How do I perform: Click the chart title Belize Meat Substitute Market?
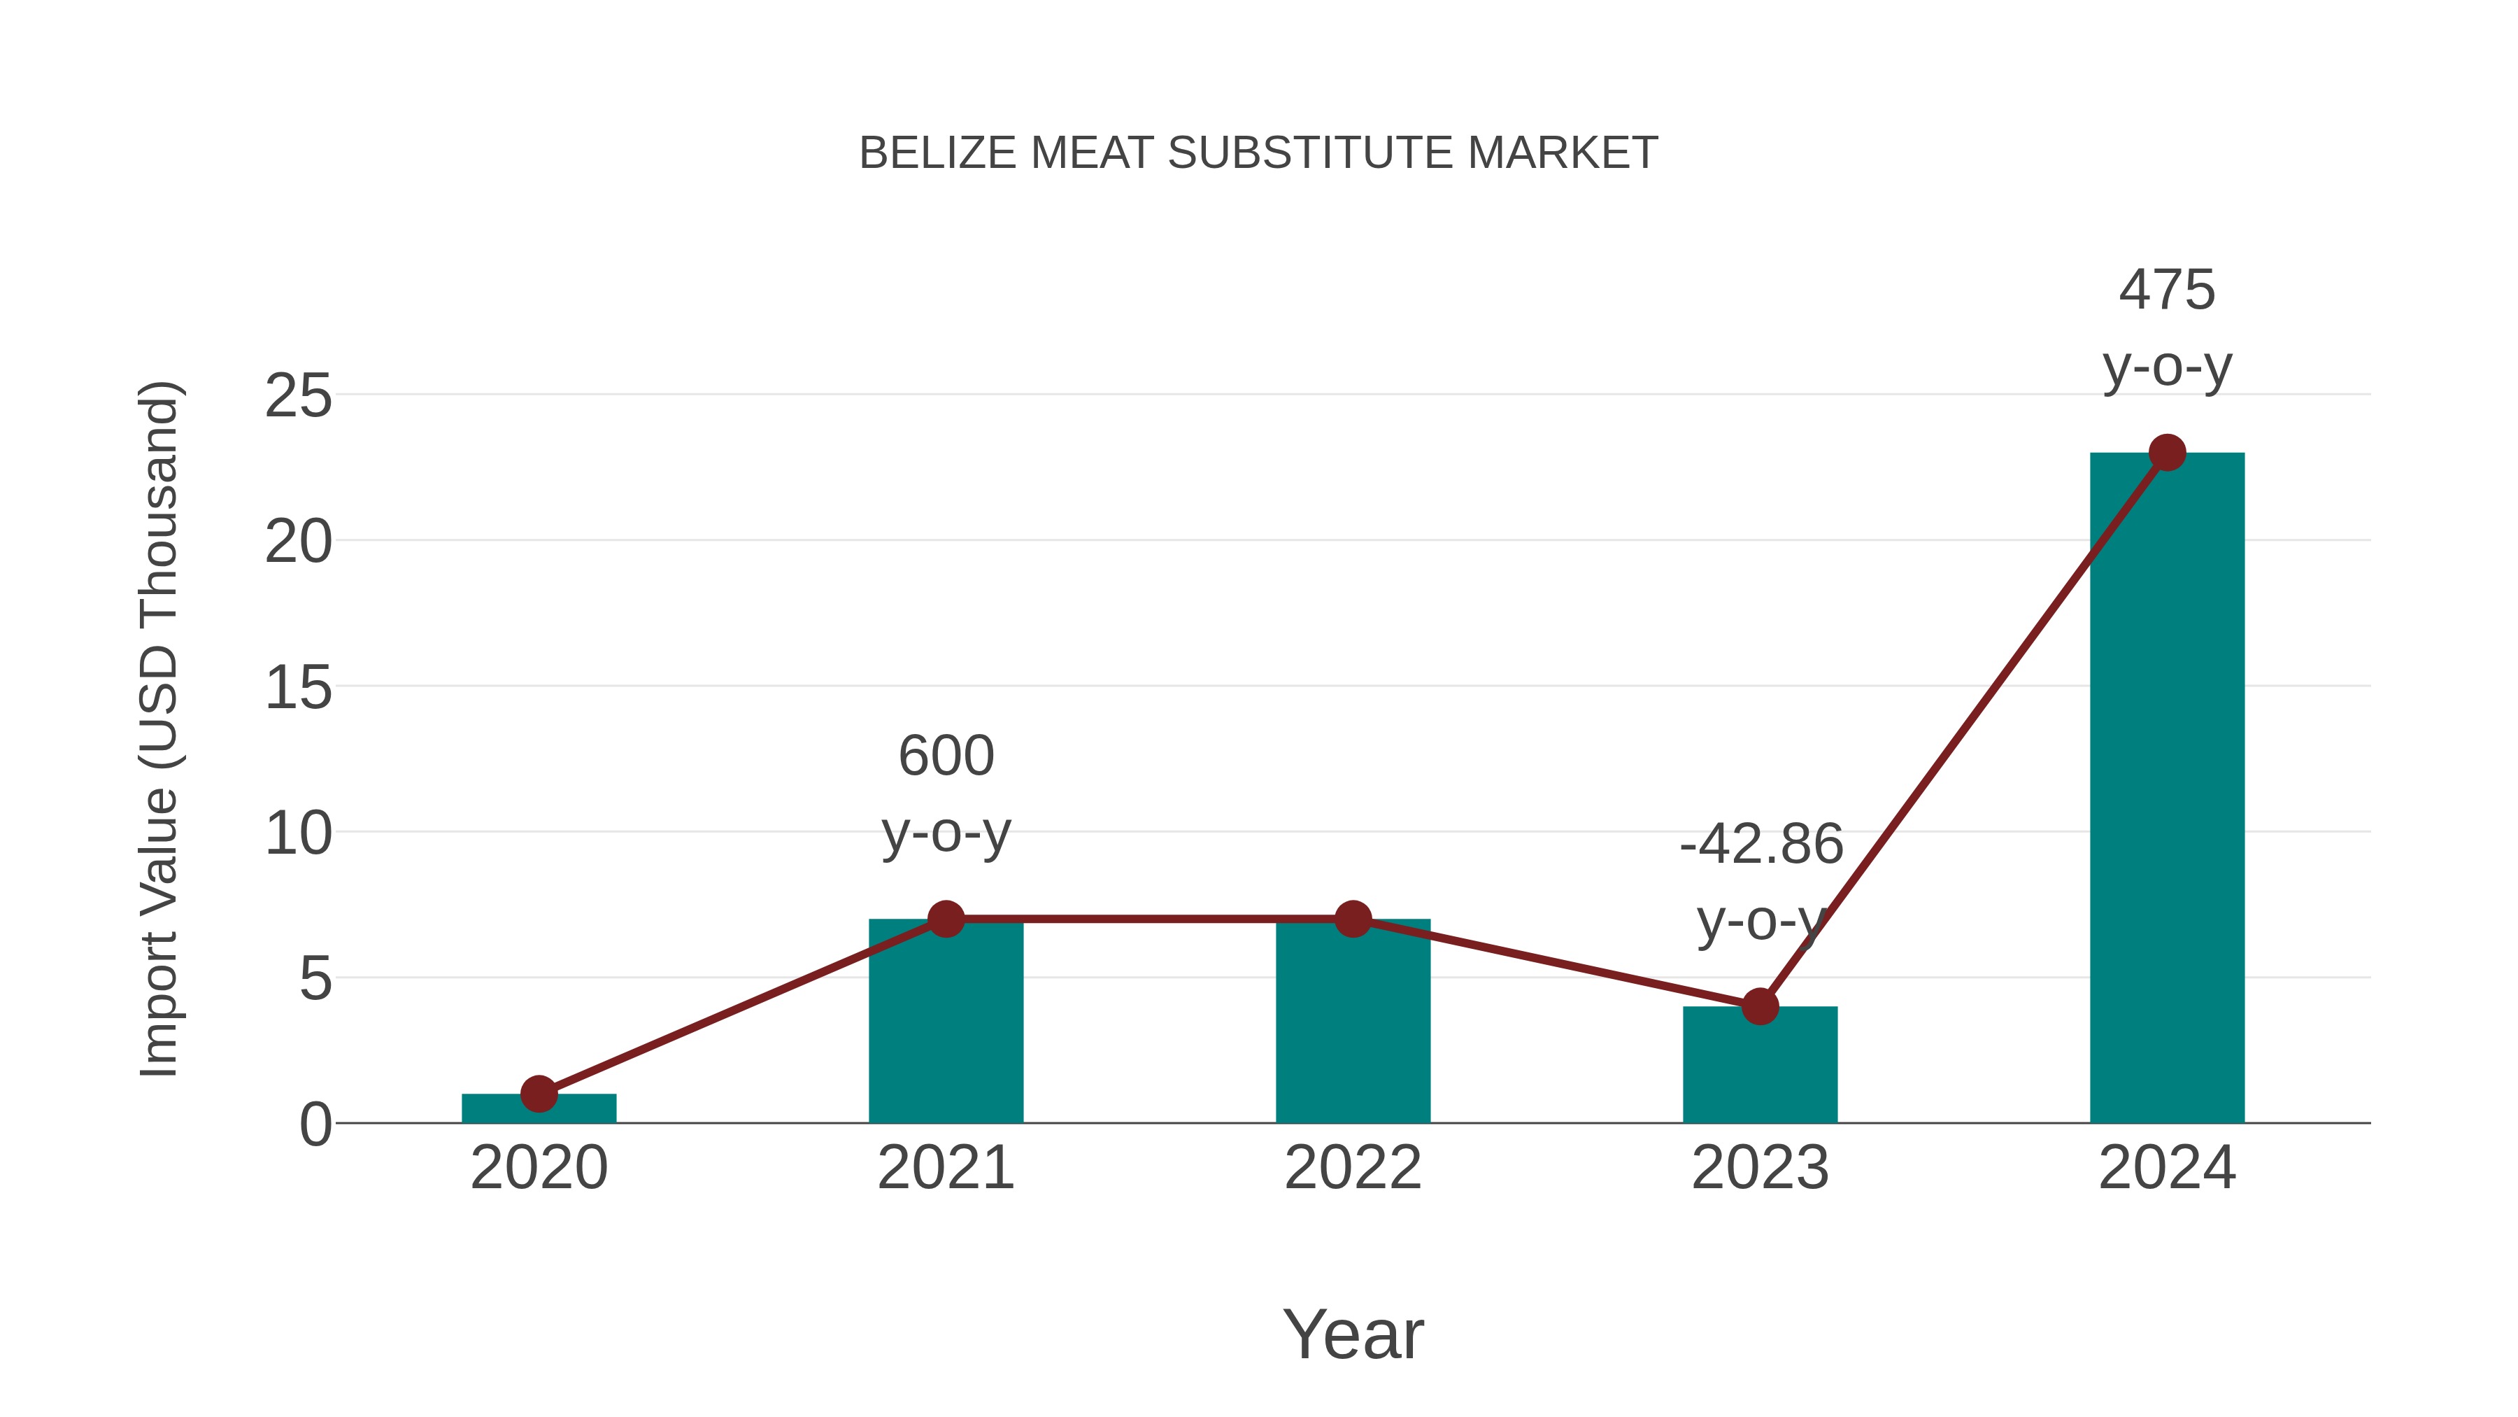[1258, 153]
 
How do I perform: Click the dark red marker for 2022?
[1353, 919]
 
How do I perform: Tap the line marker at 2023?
[1760, 1006]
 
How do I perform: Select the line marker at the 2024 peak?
[2167, 453]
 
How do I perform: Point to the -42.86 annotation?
[1761, 844]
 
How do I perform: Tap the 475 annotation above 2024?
[2167, 290]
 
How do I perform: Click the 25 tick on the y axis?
[298, 396]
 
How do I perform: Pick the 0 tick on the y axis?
[315, 1125]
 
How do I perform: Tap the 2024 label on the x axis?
[2167, 1168]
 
